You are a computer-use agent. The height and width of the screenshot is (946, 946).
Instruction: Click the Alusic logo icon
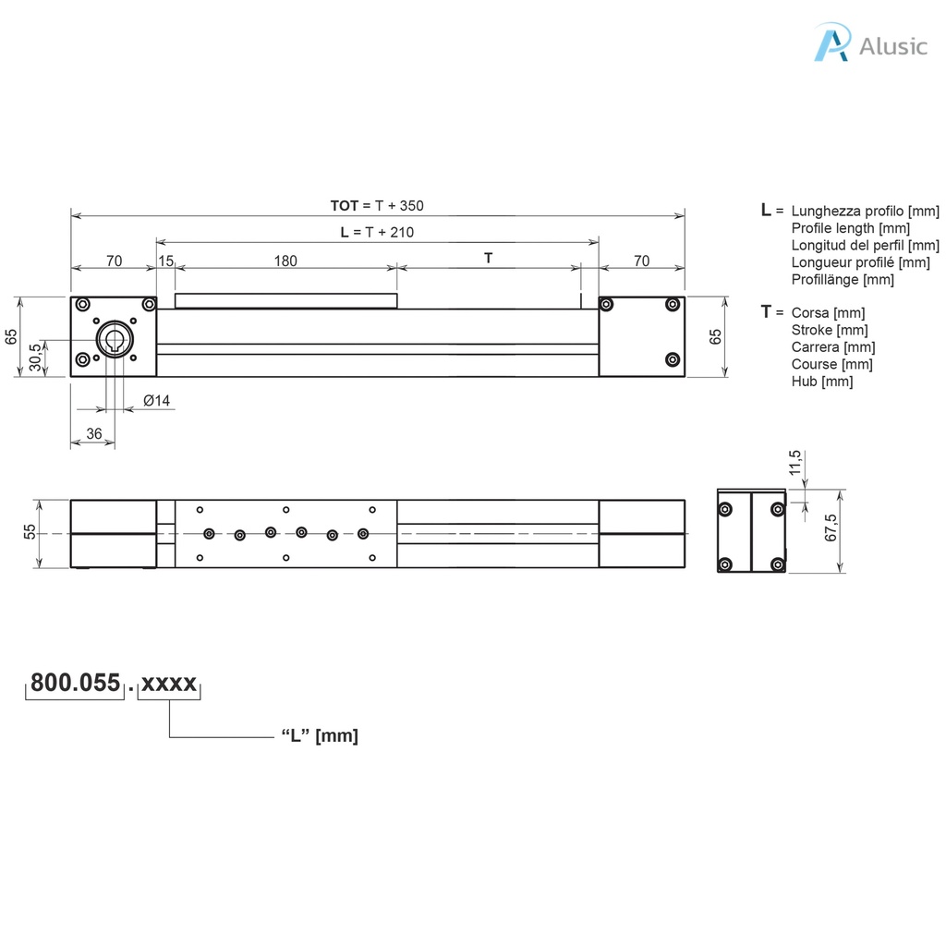[x=831, y=43]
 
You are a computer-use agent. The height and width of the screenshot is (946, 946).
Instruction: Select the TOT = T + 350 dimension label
[x=377, y=205]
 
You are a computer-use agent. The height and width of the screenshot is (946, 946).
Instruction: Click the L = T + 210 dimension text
[x=377, y=233]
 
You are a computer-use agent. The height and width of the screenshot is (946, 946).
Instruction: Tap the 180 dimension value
[x=285, y=261]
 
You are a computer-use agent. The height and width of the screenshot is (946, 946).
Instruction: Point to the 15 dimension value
[x=165, y=261]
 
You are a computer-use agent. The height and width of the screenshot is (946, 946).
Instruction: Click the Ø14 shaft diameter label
[x=156, y=400]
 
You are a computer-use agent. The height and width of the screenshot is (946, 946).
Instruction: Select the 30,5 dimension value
[x=35, y=356]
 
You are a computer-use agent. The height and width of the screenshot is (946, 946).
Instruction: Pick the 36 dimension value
[x=93, y=433]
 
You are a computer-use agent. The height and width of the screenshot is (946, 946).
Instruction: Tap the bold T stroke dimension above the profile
[x=489, y=259]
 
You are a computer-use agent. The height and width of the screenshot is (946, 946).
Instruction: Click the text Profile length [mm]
[x=850, y=228]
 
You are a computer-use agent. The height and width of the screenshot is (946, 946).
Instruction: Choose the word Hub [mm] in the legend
[x=821, y=381]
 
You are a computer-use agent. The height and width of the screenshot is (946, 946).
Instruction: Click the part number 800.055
[x=75, y=684]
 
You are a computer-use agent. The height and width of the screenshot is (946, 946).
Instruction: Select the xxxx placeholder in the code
[x=169, y=684]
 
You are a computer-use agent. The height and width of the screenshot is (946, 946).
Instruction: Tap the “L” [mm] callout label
[x=319, y=736]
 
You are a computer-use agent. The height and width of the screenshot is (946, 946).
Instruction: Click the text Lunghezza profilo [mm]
[x=865, y=212]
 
